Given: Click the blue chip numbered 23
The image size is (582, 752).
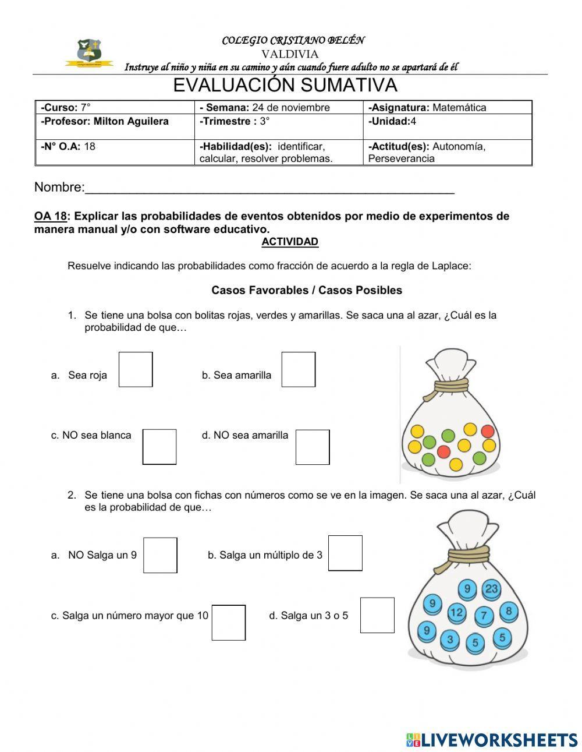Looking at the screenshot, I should (x=492, y=588).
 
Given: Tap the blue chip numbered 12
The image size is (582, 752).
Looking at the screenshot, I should (x=457, y=612).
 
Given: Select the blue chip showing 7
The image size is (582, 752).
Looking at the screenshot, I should (x=484, y=616).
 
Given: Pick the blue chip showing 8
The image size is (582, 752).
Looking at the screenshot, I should (x=509, y=610).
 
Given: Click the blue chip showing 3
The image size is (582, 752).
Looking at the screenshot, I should (x=449, y=640).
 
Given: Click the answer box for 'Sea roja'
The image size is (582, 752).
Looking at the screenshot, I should (x=136, y=369).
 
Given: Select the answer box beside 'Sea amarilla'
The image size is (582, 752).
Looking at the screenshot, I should (x=299, y=369).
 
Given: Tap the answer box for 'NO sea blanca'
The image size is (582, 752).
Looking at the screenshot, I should (x=159, y=447).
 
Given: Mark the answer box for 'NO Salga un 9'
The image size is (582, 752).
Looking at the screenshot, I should (x=160, y=555).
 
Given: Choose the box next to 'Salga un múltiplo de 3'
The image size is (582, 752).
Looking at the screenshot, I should (x=345, y=553).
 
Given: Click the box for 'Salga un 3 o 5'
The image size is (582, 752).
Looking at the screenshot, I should (x=377, y=615).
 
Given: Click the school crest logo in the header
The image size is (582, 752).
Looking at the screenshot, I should (x=90, y=52).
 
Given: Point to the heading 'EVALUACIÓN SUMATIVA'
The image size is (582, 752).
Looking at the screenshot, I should (x=285, y=85).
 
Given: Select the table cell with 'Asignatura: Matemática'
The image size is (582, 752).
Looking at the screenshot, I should (x=447, y=107).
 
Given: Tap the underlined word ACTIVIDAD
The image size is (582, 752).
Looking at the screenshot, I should (x=290, y=241).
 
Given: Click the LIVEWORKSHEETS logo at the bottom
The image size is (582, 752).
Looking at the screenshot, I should (x=492, y=740).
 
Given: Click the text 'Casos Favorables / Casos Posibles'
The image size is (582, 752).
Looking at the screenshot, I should (x=307, y=289).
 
